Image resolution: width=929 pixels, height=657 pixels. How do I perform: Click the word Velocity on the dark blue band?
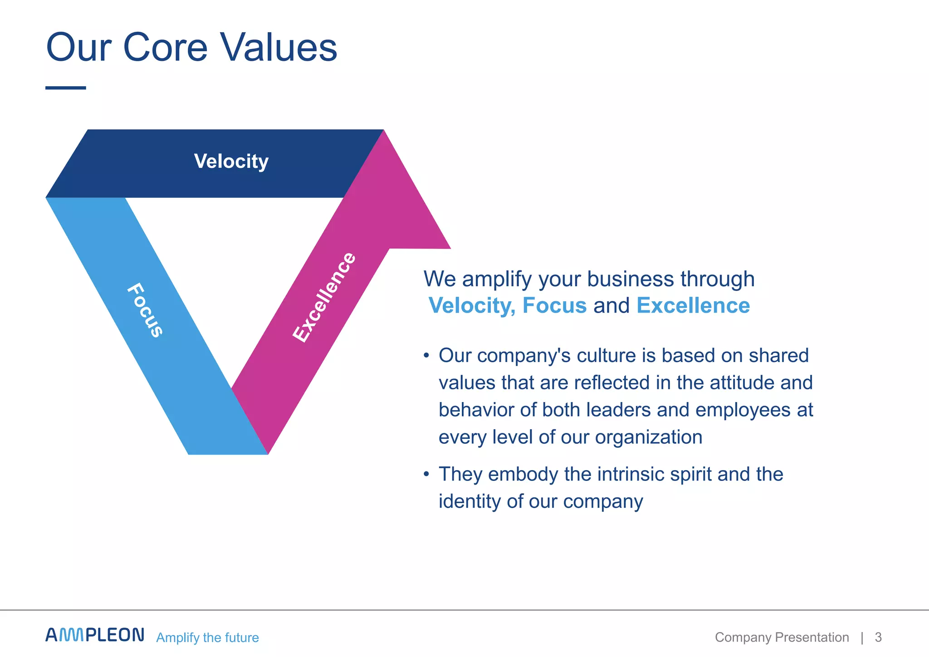click(231, 162)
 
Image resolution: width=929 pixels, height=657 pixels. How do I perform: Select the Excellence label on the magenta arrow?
click(324, 298)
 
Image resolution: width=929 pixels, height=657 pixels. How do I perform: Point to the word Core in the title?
click(165, 47)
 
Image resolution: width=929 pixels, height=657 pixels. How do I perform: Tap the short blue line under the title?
click(66, 88)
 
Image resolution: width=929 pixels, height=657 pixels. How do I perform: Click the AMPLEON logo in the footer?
click(95, 635)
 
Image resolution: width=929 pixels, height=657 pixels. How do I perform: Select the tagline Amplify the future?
click(207, 637)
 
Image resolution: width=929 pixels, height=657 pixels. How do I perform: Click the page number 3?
click(878, 637)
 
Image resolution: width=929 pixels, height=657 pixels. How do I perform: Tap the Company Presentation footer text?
click(782, 637)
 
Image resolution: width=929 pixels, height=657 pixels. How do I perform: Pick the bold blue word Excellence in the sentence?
click(693, 305)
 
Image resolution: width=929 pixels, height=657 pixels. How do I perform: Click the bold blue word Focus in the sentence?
click(554, 305)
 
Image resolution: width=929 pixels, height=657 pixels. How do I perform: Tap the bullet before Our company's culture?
click(426, 356)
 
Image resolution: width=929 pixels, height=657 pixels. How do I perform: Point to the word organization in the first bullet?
click(649, 437)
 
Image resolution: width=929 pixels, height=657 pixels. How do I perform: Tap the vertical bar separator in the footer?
click(862, 637)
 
